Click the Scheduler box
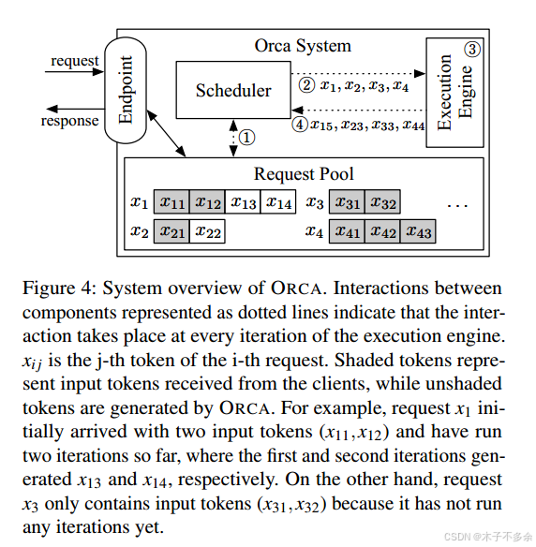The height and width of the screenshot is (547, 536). coord(233,91)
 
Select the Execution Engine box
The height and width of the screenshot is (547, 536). coord(456,92)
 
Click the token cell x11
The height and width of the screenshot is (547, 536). coord(171,202)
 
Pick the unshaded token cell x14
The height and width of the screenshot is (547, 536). coord(278,202)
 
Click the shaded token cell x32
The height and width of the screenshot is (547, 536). coord(382,202)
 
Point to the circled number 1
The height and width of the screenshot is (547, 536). coord(246,138)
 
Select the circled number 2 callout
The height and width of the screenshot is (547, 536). coord(306,85)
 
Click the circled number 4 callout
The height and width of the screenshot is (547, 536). coord(300,124)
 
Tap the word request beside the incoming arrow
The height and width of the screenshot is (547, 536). coord(75,61)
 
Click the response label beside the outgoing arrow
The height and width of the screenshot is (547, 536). coord(70,120)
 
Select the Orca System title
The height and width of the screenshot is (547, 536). coord(303,45)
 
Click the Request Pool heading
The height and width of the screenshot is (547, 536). coord(304,174)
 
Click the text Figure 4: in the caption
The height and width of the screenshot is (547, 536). coord(56,288)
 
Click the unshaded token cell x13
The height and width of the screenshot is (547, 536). coord(243,202)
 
